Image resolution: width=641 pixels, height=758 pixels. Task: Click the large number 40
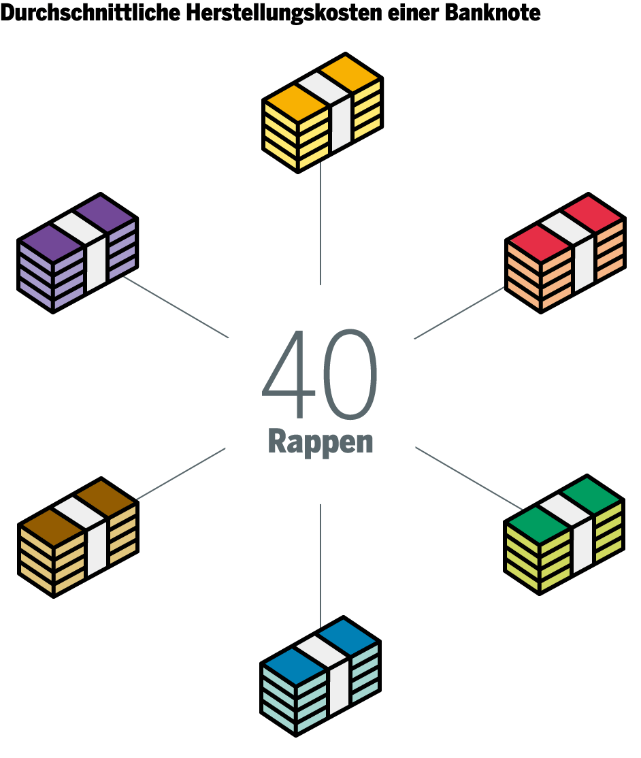(x=320, y=375)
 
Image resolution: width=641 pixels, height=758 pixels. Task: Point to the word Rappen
(x=320, y=441)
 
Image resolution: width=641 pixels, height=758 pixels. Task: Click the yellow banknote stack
(x=323, y=113)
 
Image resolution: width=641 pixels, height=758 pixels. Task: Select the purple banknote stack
(x=78, y=253)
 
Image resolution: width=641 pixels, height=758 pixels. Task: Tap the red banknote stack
(x=565, y=253)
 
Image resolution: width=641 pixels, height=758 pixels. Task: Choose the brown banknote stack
(x=78, y=538)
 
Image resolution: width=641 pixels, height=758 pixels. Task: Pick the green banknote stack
(x=563, y=535)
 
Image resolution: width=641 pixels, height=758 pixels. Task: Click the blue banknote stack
(x=320, y=676)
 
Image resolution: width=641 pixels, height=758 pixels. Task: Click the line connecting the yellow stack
(x=320, y=225)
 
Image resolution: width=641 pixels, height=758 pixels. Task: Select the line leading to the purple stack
(x=176, y=307)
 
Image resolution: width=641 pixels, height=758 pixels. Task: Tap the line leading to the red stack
(x=459, y=312)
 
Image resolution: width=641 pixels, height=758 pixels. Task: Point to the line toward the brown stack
(x=181, y=474)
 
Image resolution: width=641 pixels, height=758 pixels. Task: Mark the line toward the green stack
(x=468, y=478)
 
